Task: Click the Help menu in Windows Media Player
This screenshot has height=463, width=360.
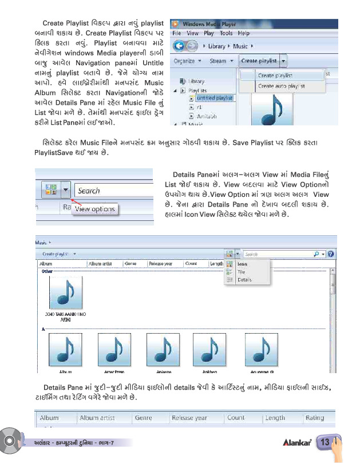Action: point(243,34)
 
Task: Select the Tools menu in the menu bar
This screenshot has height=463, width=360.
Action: point(226,34)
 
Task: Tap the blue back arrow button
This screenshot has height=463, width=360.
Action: point(179,46)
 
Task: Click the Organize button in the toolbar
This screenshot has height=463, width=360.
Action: point(185,61)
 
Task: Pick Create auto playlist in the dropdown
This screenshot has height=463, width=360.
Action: point(280,86)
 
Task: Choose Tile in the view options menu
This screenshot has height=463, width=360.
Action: point(241,272)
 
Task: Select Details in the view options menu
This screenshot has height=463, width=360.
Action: point(244,280)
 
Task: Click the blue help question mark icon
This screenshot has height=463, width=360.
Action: point(331,254)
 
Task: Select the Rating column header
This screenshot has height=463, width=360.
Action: point(314,418)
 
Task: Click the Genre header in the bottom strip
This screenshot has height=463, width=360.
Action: point(143,418)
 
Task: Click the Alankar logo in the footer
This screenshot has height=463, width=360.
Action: point(296,443)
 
